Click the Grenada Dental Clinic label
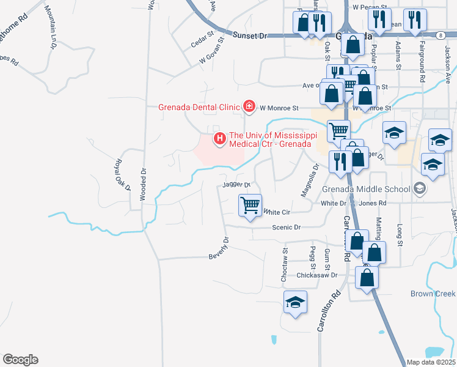(x=199, y=107)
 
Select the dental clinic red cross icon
(x=249, y=107)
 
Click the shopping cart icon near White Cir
(x=250, y=206)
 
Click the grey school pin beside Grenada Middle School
(x=420, y=188)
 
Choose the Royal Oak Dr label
(x=120, y=175)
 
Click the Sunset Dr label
(x=254, y=36)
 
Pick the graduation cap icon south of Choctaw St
(x=296, y=303)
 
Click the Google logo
(x=20, y=360)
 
